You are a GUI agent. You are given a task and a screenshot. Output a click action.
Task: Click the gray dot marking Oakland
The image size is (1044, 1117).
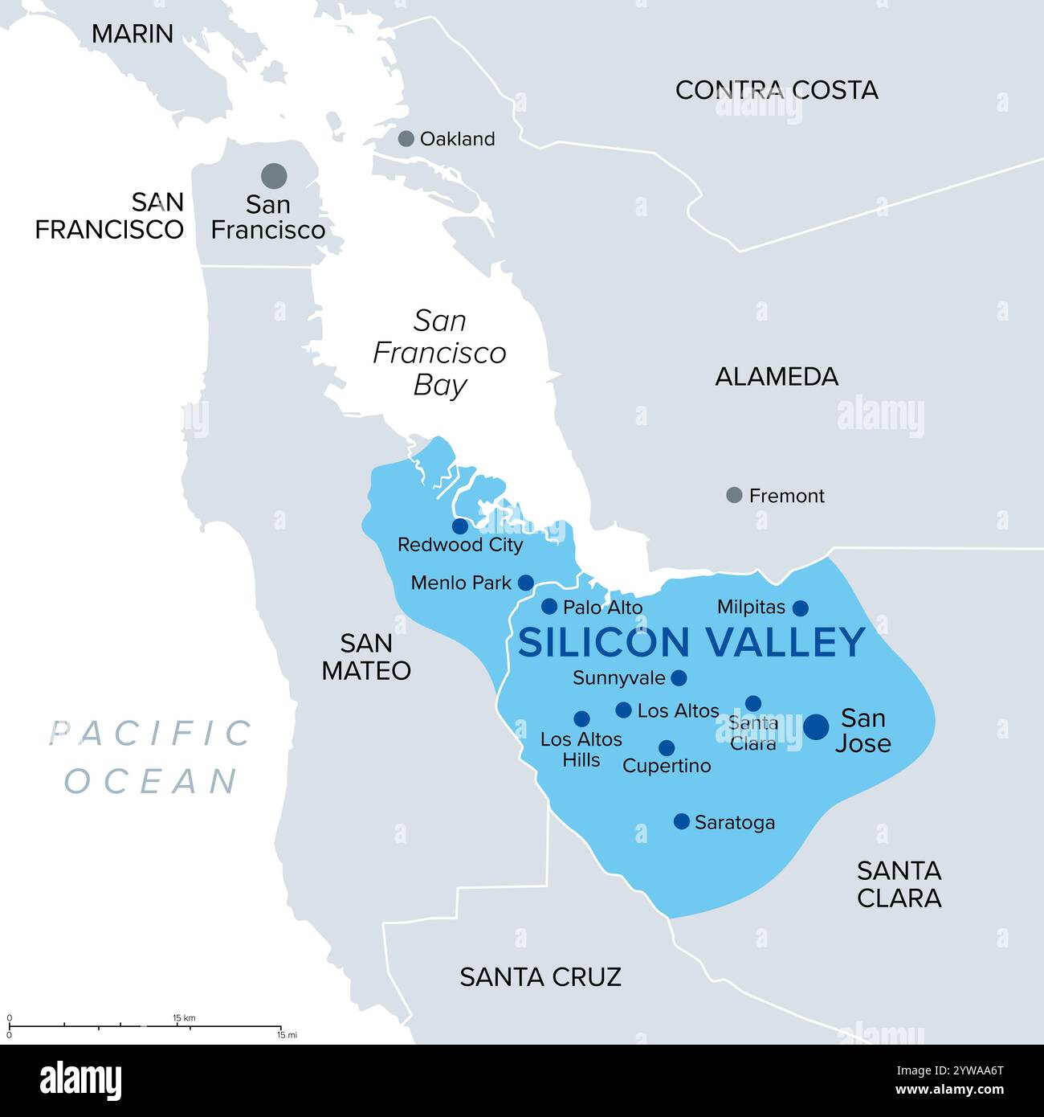(x=406, y=138)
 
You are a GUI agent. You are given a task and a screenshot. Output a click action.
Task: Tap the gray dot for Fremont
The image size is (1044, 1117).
(x=734, y=495)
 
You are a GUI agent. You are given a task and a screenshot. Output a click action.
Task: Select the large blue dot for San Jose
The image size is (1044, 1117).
(x=816, y=726)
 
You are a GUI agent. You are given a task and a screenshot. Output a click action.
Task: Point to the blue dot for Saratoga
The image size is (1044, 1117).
(x=681, y=821)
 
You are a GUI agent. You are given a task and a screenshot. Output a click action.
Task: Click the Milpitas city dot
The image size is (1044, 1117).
(x=800, y=608)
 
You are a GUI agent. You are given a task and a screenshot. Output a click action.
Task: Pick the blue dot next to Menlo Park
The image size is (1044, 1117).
(x=525, y=582)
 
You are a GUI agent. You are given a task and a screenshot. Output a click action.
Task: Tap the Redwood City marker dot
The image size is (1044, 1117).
(x=459, y=526)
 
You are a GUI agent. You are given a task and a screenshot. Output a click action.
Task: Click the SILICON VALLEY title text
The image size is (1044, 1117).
(x=691, y=642)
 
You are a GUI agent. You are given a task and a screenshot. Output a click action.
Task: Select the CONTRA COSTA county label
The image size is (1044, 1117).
(x=776, y=90)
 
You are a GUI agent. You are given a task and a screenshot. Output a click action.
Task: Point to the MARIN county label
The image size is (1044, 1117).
(x=133, y=34)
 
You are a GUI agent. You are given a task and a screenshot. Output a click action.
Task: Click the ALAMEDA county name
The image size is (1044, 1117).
(x=777, y=376)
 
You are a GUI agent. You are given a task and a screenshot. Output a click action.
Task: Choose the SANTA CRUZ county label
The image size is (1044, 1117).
(x=540, y=976)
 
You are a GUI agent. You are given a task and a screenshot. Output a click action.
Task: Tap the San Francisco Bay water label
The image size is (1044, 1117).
(x=439, y=353)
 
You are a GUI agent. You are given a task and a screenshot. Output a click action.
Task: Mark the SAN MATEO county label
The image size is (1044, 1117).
(x=366, y=657)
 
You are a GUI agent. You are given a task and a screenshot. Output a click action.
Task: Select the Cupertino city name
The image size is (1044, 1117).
(x=667, y=766)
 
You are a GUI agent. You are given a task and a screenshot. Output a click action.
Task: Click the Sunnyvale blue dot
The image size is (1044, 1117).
(x=679, y=677)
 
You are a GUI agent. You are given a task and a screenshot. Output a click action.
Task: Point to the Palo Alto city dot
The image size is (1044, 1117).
(x=549, y=606)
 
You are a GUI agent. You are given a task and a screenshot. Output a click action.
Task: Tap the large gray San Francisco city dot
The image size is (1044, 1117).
(x=274, y=174)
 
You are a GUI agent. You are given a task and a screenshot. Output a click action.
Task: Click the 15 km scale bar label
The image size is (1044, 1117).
(x=184, y=1018)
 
